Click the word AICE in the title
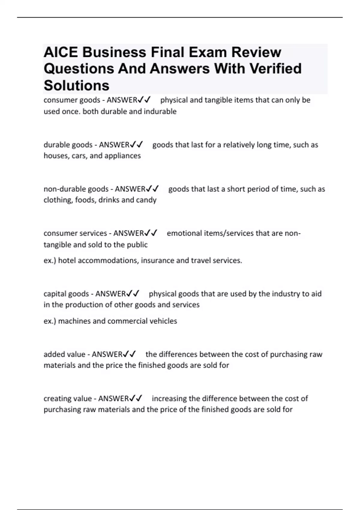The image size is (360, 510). [x=61, y=52]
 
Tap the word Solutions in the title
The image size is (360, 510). [x=76, y=85]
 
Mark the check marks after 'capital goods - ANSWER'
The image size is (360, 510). [x=133, y=293]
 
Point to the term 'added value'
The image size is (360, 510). [x=64, y=354]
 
